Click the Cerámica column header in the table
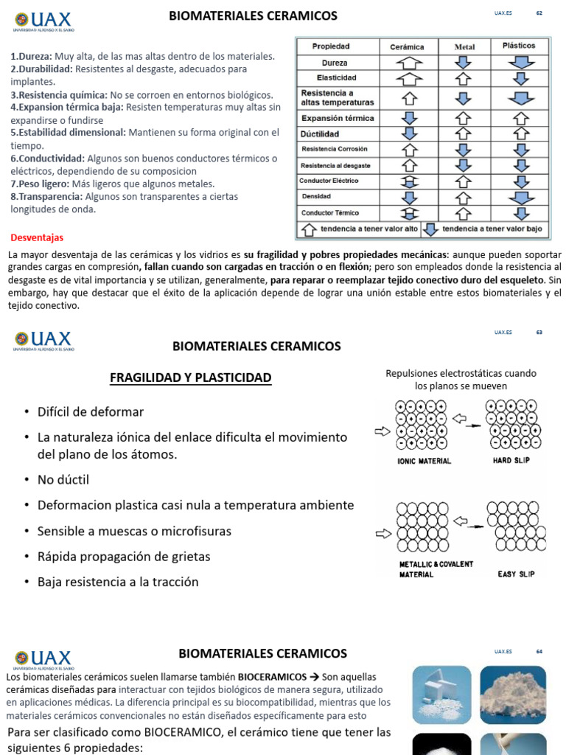pos(407,46)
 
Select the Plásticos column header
pos(519,46)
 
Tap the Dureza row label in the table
pos(335,63)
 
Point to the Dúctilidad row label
pos(320,134)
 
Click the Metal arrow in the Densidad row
pos(463,197)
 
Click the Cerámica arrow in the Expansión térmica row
pos(409,118)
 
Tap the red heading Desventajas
pos(37,238)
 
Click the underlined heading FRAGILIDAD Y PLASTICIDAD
pos(190,378)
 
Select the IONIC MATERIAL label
pos(424,461)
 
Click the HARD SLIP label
pos(512,461)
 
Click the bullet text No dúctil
pos(63,480)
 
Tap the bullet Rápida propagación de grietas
pos(124,557)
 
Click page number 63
pos(539,333)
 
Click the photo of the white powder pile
pos(513,695)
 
